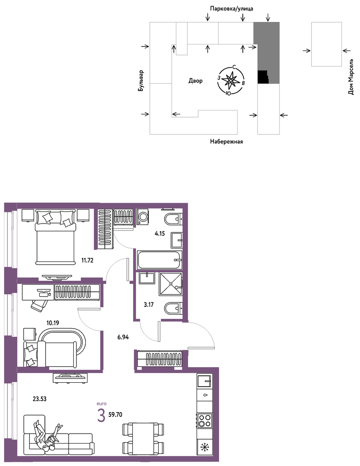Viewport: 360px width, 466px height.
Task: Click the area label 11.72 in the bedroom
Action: point(88,261)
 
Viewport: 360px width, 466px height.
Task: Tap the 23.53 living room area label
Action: point(40,399)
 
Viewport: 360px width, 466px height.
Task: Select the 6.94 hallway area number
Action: point(123,337)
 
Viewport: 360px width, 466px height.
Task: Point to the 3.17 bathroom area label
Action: point(148,305)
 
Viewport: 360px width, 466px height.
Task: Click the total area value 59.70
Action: point(115,415)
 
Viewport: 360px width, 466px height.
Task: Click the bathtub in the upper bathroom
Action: point(160,260)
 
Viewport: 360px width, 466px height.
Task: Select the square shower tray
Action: point(170,284)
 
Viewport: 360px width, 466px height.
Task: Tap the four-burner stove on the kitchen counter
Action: point(205,420)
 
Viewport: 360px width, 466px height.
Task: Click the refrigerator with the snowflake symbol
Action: point(205,447)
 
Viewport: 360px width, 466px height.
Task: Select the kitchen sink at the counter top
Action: point(205,381)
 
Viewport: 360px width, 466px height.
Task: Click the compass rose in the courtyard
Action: point(231,81)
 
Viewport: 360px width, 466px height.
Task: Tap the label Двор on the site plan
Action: point(195,81)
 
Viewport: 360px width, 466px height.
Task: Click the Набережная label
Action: point(226,142)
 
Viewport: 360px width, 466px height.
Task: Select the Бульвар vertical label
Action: point(141,81)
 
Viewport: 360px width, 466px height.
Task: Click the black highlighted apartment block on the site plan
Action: point(263,77)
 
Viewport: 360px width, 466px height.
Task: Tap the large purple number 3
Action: point(101,416)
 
